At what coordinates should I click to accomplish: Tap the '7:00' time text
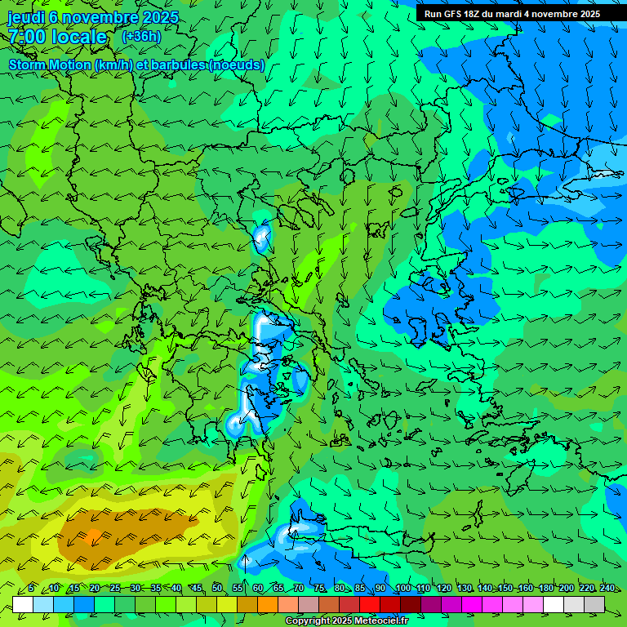(28, 37)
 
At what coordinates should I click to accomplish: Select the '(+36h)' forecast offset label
(141, 36)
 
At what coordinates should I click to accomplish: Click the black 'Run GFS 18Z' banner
(512, 14)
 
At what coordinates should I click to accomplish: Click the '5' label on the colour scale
(31, 589)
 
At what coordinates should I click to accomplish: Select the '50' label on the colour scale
(217, 589)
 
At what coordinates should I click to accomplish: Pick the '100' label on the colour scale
(402, 589)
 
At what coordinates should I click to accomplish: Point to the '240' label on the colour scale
(607, 589)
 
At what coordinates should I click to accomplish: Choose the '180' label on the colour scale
(545, 589)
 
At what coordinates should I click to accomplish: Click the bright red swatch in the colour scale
(370, 604)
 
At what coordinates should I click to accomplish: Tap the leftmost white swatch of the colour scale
(23, 604)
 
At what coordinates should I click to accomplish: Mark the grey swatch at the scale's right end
(594, 604)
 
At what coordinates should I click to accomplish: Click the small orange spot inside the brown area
(93, 536)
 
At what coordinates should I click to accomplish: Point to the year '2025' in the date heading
(160, 17)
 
